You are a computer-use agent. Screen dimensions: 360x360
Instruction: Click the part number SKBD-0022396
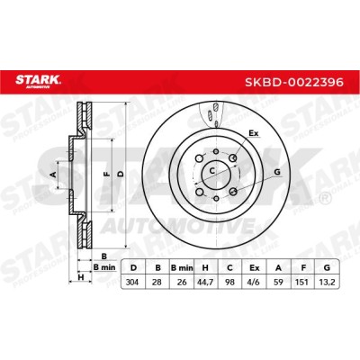coord(294,82)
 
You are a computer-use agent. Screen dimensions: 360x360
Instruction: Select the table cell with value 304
coord(132,282)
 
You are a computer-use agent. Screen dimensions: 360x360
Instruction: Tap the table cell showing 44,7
coord(205,282)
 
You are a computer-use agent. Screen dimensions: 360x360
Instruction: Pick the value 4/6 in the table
coord(255,282)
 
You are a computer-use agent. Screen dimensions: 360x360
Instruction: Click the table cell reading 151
coord(303,282)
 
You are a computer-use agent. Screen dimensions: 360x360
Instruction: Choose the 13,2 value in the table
coord(328,282)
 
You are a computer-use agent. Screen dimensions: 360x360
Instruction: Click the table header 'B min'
coord(182,267)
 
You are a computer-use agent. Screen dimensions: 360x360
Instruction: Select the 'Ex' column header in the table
coord(255,267)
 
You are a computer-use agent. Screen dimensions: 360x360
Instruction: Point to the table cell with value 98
coord(229,282)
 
